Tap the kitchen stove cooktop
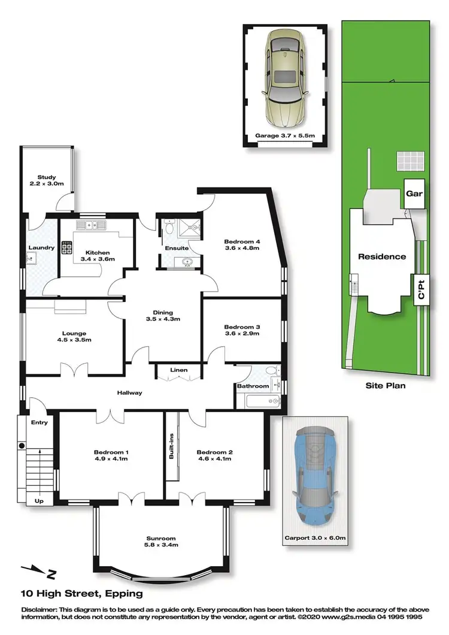[x=66, y=247]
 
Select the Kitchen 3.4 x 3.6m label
[x=96, y=256]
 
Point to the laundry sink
[x=31, y=259]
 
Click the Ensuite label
[x=178, y=248]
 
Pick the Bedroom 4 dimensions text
[x=241, y=248]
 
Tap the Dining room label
[x=162, y=316]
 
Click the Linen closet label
[x=179, y=370]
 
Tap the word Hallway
[x=129, y=392]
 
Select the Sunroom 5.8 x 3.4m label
[x=161, y=541]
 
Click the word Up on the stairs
[x=39, y=501]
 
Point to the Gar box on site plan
[x=414, y=193]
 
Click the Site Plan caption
[x=385, y=386]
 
